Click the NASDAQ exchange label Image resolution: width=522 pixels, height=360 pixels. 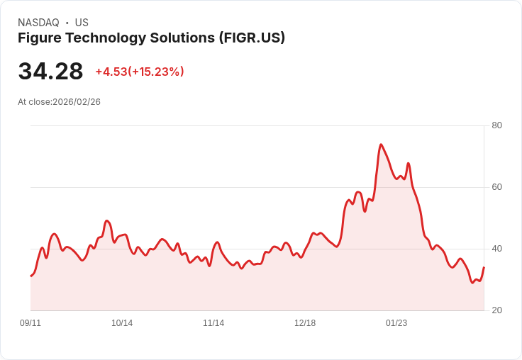38,23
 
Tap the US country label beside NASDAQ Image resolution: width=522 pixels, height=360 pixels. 82,23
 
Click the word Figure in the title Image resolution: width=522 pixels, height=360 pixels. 39,38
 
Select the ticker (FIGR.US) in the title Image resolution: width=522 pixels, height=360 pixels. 252,38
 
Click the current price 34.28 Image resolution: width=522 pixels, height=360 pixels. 50,72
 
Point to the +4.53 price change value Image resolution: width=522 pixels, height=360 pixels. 111,72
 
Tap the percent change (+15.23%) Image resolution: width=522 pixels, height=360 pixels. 156,72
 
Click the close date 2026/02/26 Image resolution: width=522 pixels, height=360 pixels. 77,102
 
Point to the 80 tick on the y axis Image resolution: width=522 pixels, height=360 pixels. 496,125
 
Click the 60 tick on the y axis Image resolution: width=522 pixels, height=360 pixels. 496,187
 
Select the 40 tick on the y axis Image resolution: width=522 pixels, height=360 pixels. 496,249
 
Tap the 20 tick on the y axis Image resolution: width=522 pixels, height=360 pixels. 496,310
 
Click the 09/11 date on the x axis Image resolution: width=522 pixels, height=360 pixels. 30,323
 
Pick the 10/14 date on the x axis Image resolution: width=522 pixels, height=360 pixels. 122,323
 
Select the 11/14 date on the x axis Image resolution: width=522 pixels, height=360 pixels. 213,323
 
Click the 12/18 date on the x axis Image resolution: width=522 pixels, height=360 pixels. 305,323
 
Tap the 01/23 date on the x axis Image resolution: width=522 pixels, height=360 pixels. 396,323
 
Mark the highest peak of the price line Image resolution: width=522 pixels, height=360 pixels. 381,145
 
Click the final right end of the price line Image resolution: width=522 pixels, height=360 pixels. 484,268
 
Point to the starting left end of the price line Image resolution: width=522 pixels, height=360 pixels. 30,276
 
